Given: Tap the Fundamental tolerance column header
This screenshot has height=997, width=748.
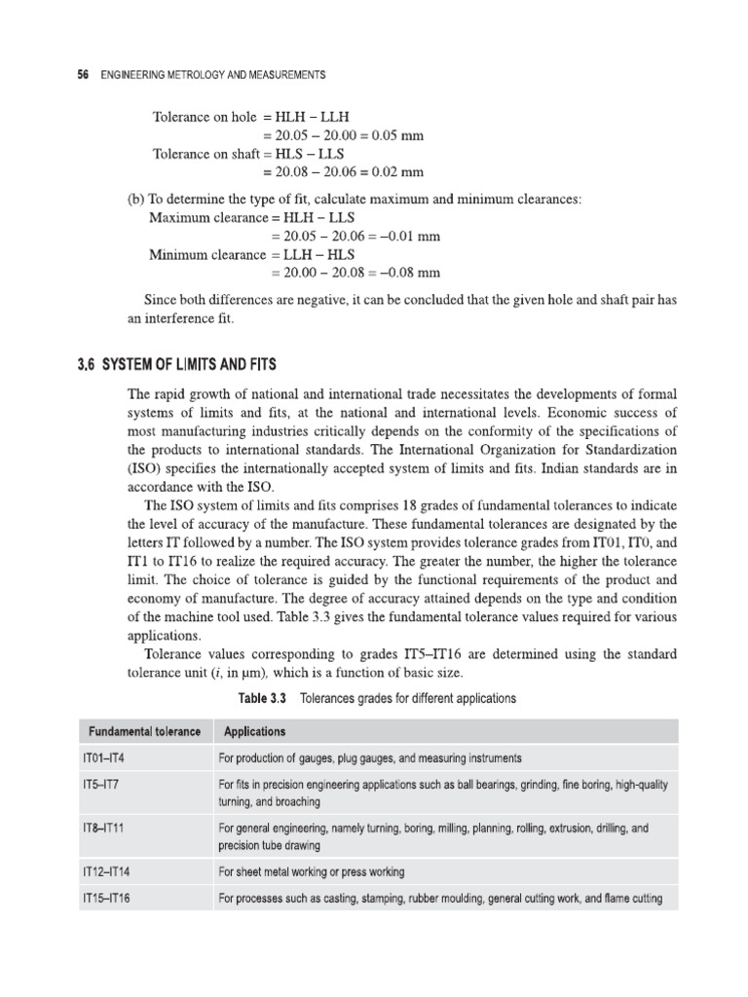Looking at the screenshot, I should tap(145, 731).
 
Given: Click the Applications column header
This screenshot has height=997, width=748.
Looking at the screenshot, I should tap(254, 731).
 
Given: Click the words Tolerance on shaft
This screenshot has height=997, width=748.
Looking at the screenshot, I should tap(206, 154).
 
